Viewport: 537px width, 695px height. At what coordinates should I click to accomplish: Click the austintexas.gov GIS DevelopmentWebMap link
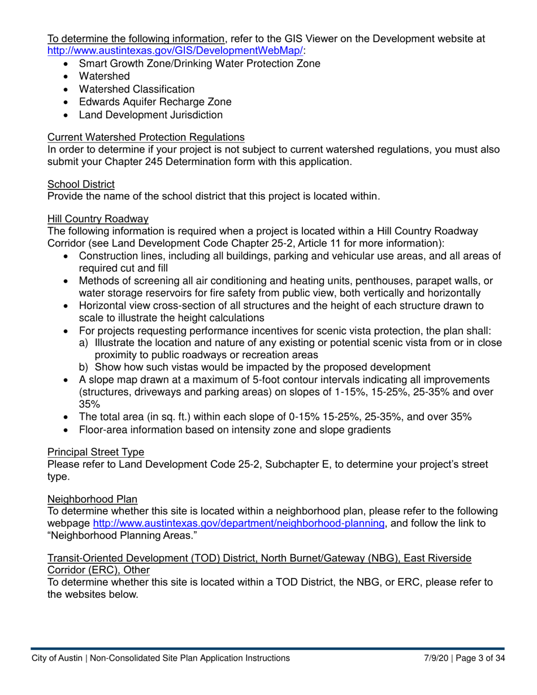(x=175, y=50)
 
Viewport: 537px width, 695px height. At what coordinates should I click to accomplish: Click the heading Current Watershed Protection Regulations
(x=146, y=137)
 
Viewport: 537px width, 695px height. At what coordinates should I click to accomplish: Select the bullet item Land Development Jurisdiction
(x=150, y=115)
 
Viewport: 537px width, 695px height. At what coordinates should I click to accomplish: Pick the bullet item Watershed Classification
(x=137, y=89)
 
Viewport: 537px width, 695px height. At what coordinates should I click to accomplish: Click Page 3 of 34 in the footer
(x=480, y=658)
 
